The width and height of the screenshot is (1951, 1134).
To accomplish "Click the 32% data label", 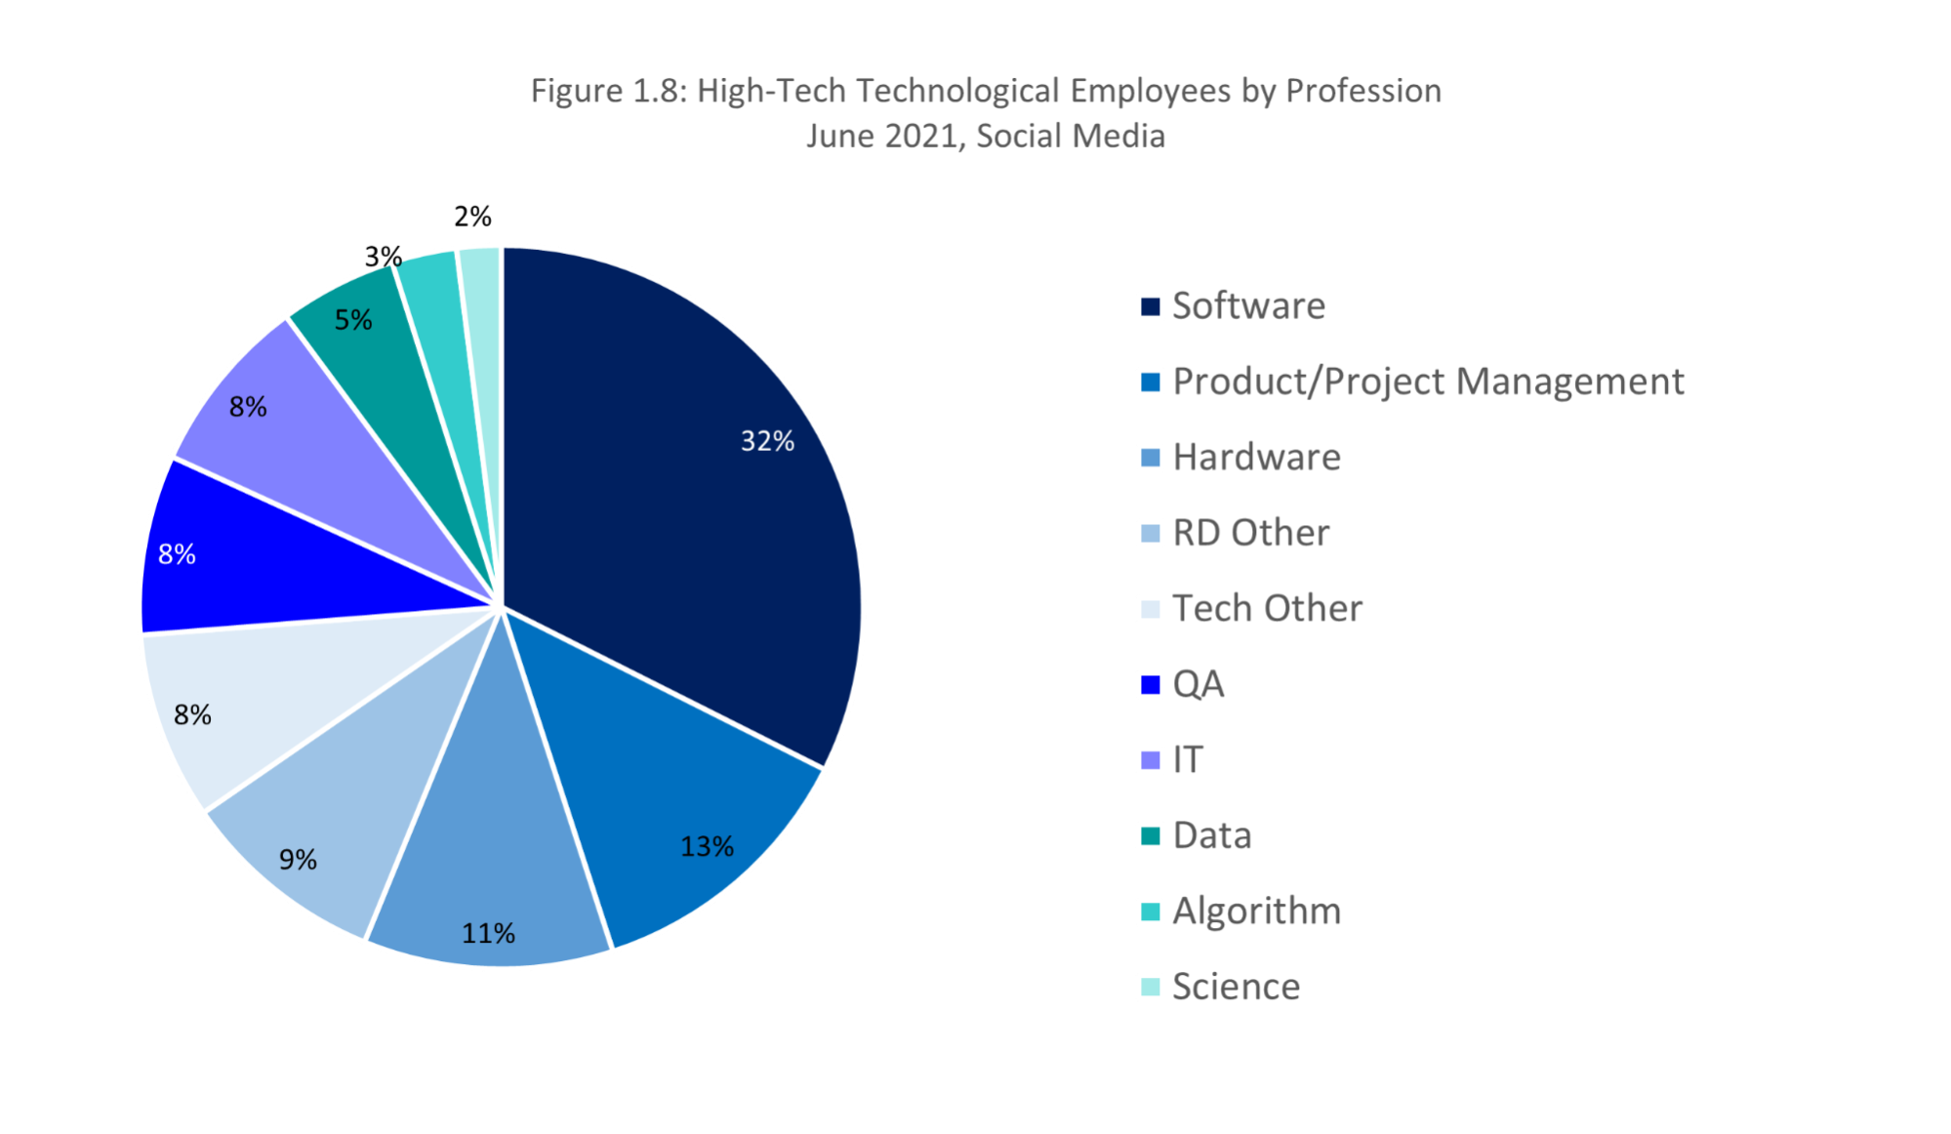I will coord(767,441).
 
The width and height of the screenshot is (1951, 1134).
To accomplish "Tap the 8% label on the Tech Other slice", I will coord(192,715).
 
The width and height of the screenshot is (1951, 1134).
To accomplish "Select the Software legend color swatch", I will coord(1151,306).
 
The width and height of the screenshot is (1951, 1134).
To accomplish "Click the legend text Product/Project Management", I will coord(1428,382).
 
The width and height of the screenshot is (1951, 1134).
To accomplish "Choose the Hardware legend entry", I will coord(1256,458).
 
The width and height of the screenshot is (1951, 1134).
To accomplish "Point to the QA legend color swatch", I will coord(1151,685).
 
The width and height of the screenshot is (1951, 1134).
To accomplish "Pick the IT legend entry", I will coord(1188,760).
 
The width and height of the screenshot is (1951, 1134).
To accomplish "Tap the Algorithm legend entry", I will coord(1256,911).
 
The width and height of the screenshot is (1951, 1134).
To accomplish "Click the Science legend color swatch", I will coord(1151,988).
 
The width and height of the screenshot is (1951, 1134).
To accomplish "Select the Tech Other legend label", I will coord(1267,609).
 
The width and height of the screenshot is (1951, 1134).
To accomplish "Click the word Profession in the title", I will coord(1363,91).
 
